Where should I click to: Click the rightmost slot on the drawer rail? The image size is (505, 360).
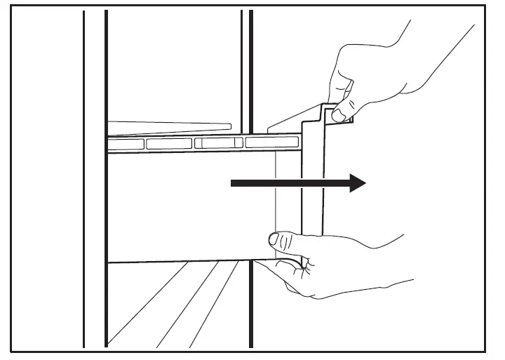click(x=271, y=142)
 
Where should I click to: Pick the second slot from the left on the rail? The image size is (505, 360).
click(x=168, y=144)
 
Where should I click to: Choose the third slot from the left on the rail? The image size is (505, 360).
click(x=218, y=143)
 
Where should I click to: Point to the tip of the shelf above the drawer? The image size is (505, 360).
click(x=228, y=126)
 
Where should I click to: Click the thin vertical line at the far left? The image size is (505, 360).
click(x=84, y=175)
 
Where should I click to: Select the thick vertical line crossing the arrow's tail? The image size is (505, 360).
click(x=250, y=211)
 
